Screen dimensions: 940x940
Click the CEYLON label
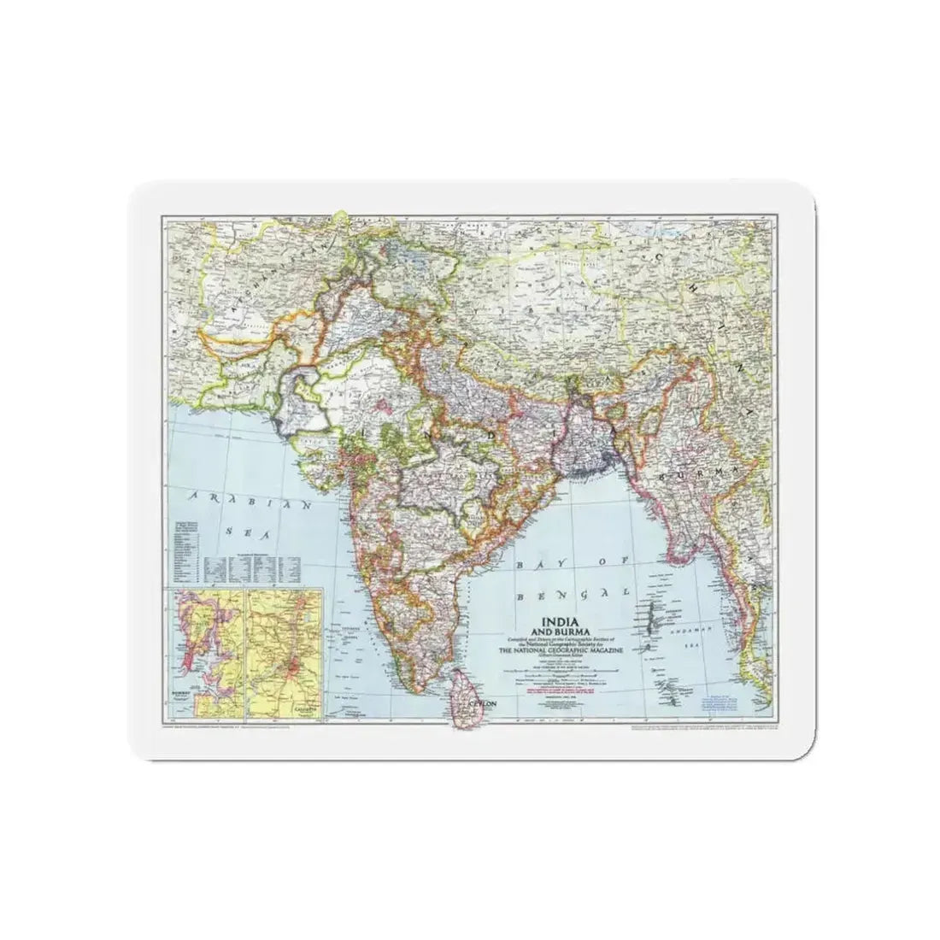(478, 706)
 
